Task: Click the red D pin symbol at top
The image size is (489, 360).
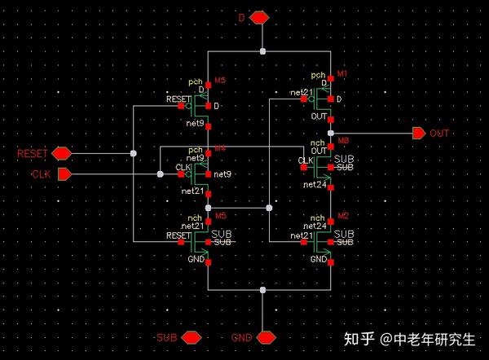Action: click(260, 17)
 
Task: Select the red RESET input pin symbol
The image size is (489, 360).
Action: click(61, 153)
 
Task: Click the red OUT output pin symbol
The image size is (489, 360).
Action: click(418, 133)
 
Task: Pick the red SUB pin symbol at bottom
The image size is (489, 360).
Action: click(191, 336)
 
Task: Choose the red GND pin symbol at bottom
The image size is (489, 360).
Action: click(266, 336)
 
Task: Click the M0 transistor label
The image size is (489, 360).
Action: click(344, 141)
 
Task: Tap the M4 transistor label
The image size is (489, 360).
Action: click(220, 148)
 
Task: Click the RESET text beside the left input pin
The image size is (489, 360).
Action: click(33, 153)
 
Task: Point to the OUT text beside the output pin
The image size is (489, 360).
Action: click(440, 133)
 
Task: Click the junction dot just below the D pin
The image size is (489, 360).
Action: click(262, 50)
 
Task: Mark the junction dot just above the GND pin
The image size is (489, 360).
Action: click(262, 289)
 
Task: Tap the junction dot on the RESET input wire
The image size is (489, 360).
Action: click(133, 153)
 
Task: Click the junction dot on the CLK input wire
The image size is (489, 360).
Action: click(156, 173)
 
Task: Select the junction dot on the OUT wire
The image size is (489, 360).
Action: click(330, 133)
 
